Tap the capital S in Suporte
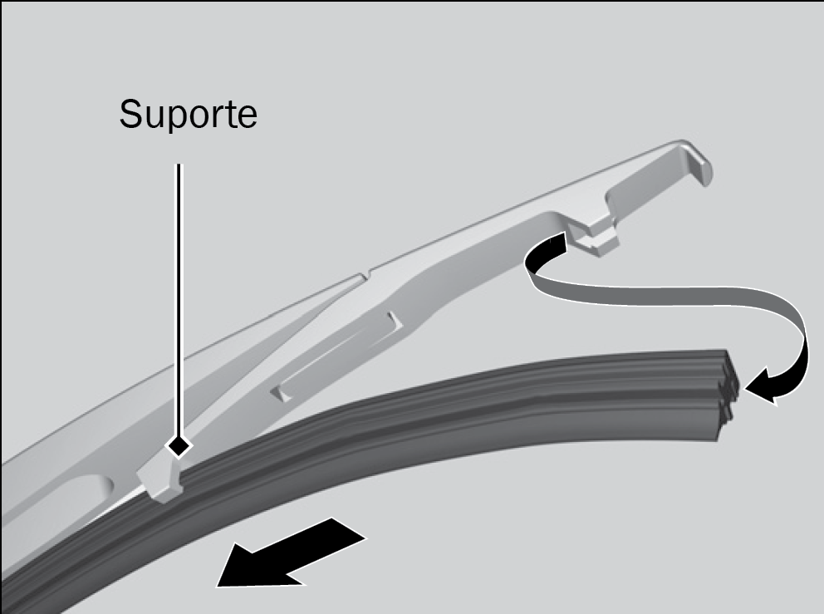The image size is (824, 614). (130, 114)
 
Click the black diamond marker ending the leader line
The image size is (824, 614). (179, 447)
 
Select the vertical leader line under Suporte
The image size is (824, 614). (179, 300)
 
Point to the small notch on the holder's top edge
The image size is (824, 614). (366, 276)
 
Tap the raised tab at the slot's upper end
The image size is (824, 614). (395, 322)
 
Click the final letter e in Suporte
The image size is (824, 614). (247, 118)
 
